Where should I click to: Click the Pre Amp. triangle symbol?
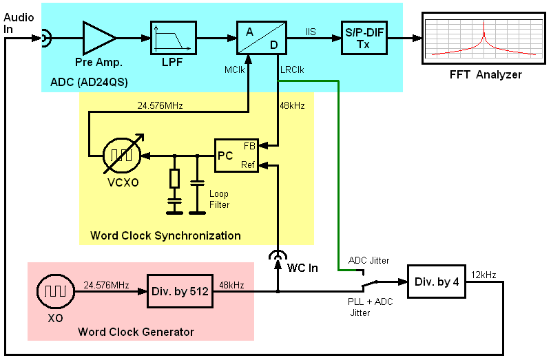tap(98, 38)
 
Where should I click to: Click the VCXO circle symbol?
tap(125, 156)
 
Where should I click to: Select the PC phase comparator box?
tap(236, 155)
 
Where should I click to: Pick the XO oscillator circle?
tap(53, 292)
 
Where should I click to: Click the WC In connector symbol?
tap(277, 255)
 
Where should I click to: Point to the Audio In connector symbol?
tap(44, 38)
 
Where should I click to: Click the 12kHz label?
tap(484, 275)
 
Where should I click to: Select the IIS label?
tap(311, 31)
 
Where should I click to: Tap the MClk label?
tap(234, 70)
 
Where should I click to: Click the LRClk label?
tap(292, 70)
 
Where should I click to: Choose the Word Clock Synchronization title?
tap(165, 235)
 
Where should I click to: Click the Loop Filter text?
tap(218, 200)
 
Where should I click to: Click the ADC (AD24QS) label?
tap(90, 83)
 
